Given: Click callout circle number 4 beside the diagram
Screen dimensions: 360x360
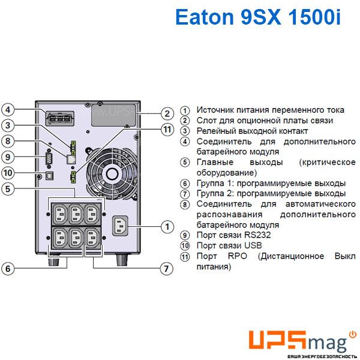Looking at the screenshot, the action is (x=8, y=110).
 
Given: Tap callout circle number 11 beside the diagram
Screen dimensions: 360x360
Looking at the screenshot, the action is (x=167, y=130).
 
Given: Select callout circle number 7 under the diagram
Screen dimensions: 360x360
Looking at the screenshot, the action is (x=166, y=268).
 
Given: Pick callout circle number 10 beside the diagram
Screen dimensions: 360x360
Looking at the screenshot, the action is (x=8, y=173).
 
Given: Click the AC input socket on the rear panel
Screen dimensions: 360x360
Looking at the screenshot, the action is (x=120, y=226).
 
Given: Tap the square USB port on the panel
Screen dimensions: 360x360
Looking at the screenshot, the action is (x=50, y=175).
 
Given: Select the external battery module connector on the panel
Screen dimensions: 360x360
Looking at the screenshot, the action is (x=60, y=118).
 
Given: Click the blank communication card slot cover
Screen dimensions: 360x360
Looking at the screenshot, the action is (x=113, y=115).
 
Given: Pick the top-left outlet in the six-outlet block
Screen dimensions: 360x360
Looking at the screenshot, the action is (x=60, y=214).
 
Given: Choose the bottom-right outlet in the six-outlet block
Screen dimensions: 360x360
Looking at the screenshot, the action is (x=92, y=238).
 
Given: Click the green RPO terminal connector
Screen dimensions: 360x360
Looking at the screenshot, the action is (x=73, y=177).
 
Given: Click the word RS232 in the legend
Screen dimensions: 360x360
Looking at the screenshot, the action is (x=257, y=235).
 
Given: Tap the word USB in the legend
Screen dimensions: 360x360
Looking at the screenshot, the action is (x=253, y=245).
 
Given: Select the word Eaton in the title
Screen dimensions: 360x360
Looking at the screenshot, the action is (x=205, y=17).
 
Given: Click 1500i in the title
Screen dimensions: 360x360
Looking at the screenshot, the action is (x=314, y=17).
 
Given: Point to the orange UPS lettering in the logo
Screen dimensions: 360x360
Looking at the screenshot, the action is (x=277, y=340).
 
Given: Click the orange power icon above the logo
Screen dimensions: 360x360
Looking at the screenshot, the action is (x=353, y=335).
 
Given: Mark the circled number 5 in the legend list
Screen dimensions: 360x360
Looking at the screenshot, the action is (x=185, y=163).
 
